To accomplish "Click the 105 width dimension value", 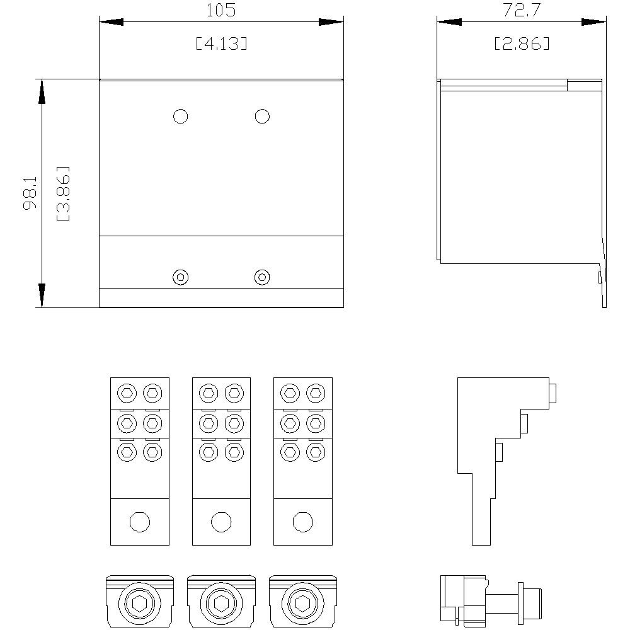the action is click(221, 11).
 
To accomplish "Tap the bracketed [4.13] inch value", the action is click(221, 43).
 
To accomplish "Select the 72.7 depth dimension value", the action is click(522, 11).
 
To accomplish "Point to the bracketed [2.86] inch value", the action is click(522, 43).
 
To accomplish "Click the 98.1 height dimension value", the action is click(30, 193).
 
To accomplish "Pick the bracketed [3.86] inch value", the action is click(63, 193).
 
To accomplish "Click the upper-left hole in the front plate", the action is click(180, 117).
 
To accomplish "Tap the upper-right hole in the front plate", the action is click(262, 117).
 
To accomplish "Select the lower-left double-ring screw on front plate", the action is click(180, 277).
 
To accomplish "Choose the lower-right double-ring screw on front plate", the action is click(262, 277).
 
